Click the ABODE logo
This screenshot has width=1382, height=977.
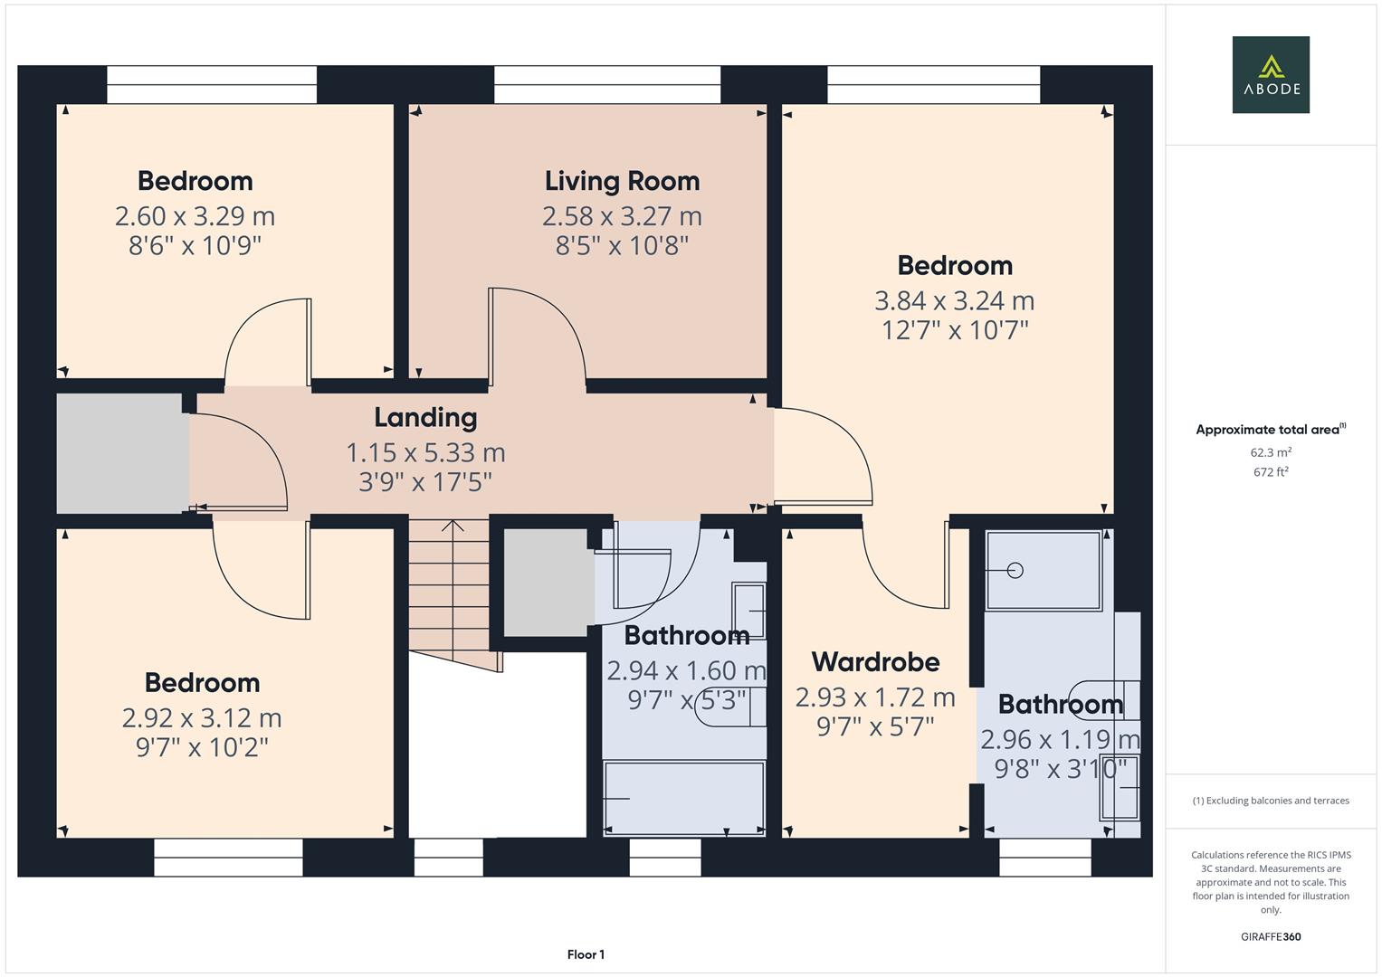point(1270,75)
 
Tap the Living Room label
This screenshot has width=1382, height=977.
point(622,181)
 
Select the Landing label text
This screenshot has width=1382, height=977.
point(425,417)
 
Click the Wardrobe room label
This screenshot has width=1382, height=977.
point(875,662)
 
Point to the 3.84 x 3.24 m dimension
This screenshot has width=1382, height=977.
point(954,300)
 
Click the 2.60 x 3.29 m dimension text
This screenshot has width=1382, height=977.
point(195,216)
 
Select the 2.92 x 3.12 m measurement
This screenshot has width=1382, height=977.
point(202,718)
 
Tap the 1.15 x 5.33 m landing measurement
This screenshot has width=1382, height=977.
point(425,452)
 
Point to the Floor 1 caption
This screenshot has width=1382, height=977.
point(586,954)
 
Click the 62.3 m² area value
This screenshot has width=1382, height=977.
point(1270,452)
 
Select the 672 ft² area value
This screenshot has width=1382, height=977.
point(1270,472)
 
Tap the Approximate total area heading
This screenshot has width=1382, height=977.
point(1270,430)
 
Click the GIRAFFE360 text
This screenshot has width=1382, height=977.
point(1270,936)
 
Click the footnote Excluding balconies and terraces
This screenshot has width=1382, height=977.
point(1270,801)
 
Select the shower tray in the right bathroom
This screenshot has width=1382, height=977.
point(1044,570)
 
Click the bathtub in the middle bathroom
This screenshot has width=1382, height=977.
point(684,798)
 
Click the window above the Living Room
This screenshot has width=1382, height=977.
point(606,85)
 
